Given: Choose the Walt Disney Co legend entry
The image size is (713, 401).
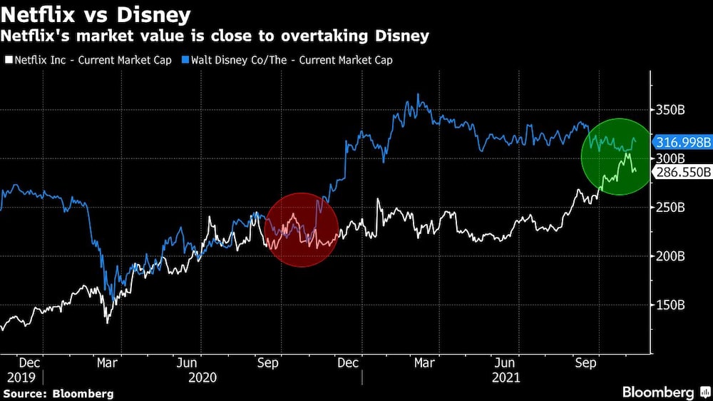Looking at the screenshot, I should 289,60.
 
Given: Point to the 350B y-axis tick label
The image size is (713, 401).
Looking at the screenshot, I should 670,111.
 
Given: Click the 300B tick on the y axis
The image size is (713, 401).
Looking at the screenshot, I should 670,158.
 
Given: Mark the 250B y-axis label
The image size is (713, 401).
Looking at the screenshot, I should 670,208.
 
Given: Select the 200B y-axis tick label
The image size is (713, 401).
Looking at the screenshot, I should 670,256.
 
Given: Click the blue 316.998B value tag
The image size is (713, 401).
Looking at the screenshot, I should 683,143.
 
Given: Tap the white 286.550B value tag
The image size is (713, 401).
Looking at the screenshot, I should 683,172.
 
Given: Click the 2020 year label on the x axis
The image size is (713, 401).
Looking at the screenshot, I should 202,376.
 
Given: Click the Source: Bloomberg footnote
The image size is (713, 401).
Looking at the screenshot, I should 58,393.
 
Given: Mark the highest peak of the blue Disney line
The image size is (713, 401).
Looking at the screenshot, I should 418,95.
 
